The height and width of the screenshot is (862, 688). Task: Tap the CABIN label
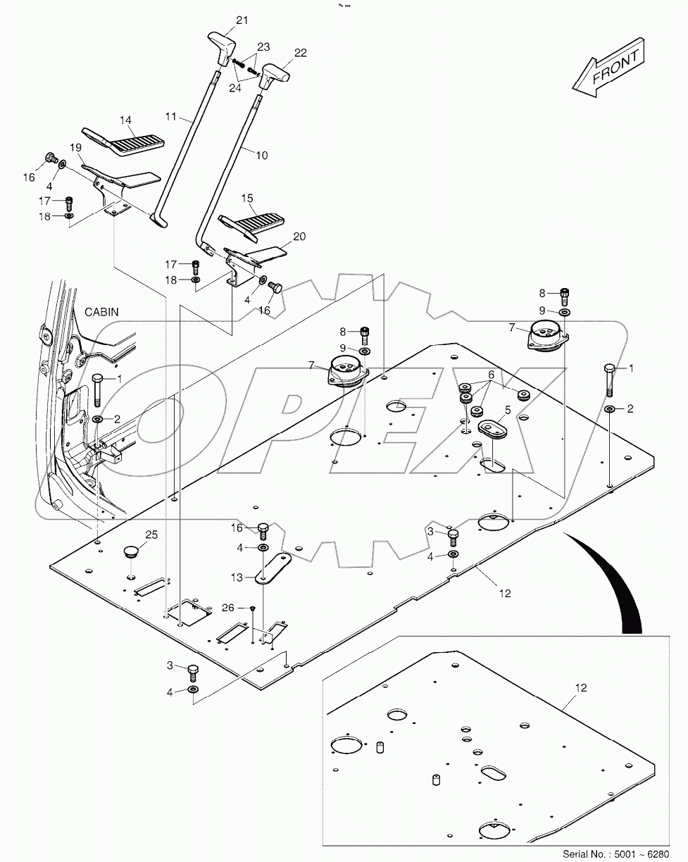coord(103,311)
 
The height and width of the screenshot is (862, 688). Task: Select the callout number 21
coord(242,20)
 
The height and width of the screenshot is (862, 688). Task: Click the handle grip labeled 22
coord(273,73)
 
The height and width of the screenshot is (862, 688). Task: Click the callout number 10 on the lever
coord(261,155)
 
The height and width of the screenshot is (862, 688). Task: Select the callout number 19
coord(76,147)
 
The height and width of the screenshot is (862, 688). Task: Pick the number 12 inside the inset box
coord(580,687)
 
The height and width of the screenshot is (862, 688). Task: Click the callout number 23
coord(263,47)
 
